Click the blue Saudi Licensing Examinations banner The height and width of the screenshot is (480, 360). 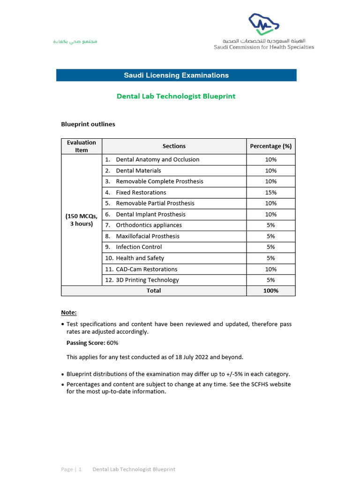click(176, 75)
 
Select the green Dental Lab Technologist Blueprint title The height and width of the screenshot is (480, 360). click(176, 96)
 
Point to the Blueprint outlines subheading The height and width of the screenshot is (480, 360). click(88, 124)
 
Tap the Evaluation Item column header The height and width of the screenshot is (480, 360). click(82, 146)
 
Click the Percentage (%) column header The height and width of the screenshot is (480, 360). click(271, 146)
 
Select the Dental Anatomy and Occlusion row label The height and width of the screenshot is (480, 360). click(157, 160)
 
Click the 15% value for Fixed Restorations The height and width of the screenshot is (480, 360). click(271, 193)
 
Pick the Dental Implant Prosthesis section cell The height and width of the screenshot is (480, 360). click(150, 214)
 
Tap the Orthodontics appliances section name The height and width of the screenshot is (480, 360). click(149, 225)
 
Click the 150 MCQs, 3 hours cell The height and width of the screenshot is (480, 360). click(82, 220)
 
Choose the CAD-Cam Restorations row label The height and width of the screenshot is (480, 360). click(147, 269)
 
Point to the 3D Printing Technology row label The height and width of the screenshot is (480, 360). click(147, 280)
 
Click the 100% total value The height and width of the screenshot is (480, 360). click(271, 291)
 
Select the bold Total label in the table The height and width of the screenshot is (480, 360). click(154, 291)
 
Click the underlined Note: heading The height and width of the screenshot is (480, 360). click(69, 313)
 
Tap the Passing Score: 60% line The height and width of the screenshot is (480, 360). click(92, 343)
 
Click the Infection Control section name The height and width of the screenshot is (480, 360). click(139, 247)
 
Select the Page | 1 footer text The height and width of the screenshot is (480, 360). click(71, 469)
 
